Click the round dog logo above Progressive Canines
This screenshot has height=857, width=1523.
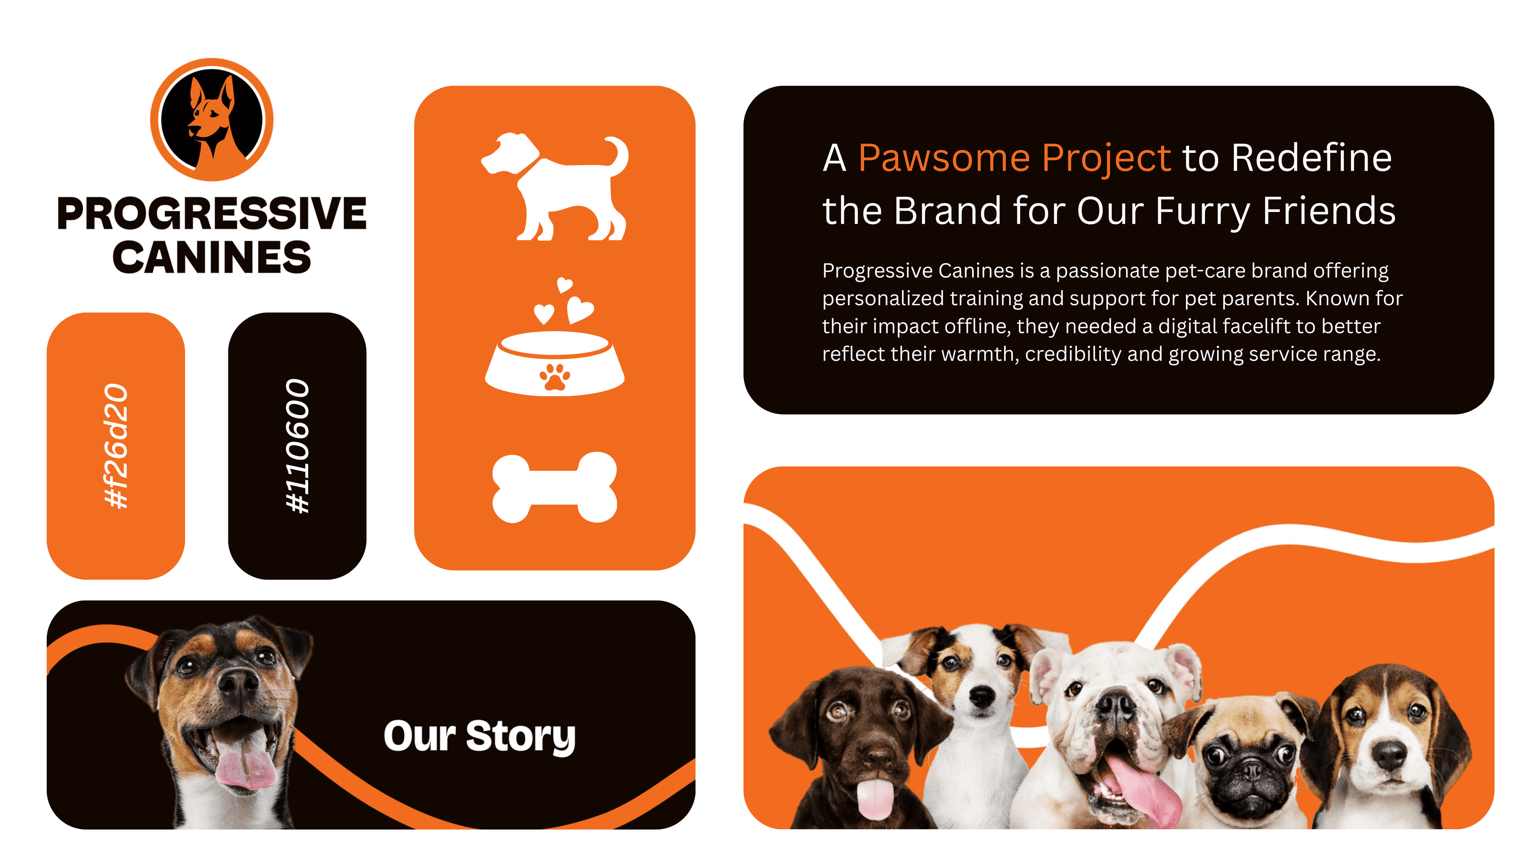(x=212, y=119)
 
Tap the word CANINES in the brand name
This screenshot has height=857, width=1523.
(x=212, y=258)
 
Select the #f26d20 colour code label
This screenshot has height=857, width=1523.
(x=116, y=446)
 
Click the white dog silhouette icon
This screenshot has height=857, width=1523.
(x=554, y=187)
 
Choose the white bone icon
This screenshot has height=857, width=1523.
(x=554, y=488)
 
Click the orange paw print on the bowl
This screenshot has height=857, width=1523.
(x=554, y=377)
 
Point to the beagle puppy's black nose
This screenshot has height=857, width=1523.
(x=1389, y=754)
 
